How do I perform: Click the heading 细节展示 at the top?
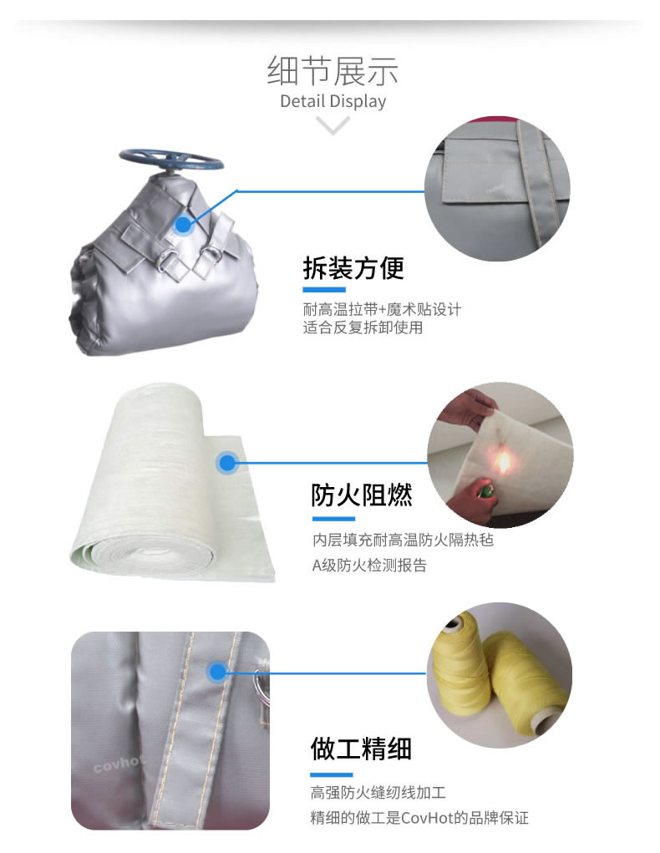(x=333, y=70)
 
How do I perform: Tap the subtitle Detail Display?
(x=333, y=102)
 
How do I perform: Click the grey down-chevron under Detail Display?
(x=333, y=126)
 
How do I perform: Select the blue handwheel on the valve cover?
(x=170, y=157)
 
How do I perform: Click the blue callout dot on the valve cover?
(x=183, y=224)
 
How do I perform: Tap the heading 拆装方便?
(x=353, y=268)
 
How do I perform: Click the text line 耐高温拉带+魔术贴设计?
(x=382, y=309)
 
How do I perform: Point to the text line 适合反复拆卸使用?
(x=363, y=327)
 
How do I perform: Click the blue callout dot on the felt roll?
(x=226, y=462)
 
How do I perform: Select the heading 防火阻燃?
(x=362, y=495)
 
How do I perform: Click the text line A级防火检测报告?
(x=369, y=566)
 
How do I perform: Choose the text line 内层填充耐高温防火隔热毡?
(x=403, y=540)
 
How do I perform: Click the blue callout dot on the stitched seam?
(x=217, y=671)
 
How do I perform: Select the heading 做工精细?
(x=361, y=747)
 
